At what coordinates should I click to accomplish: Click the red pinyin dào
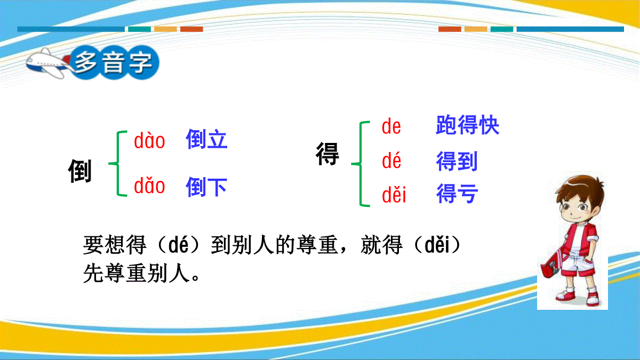pyautogui.click(x=149, y=140)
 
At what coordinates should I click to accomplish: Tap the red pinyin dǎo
pyautogui.click(x=149, y=186)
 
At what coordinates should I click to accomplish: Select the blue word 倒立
pyautogui.click(x=206, y=139)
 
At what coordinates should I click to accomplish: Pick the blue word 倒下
pyautogui.click(x=206, y=187)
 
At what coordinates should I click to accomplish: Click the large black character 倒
pyautogui.click(x=79, y=171)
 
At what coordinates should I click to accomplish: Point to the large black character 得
pyautogui.click(x=327, y=154)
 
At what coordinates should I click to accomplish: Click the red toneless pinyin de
pyautogui.click(x=391, y=126)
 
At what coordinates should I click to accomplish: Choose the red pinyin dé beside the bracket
pyautogui.click(x=391, y=161)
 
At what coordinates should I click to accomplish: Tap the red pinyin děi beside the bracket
pyautogui.click(x=394, y=194)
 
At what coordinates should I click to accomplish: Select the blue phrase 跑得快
pyautogui.click(x=467, y=125)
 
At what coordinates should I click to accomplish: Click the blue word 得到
pyautogui.click(x=457, y=161)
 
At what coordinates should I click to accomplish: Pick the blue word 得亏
pyautogui.click(x=457, y=194)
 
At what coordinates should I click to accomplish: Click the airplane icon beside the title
pyautogui.click(x=49, y=63)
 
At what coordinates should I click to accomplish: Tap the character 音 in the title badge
pyautogui.click(x=114, y=62)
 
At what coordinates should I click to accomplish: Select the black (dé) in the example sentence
pyautogui.click(x=179, y=245)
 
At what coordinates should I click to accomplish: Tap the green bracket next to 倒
pyautogui.click(x=118, y=163)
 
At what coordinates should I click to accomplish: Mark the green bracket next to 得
pyautogui.click(x=361, y=164)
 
